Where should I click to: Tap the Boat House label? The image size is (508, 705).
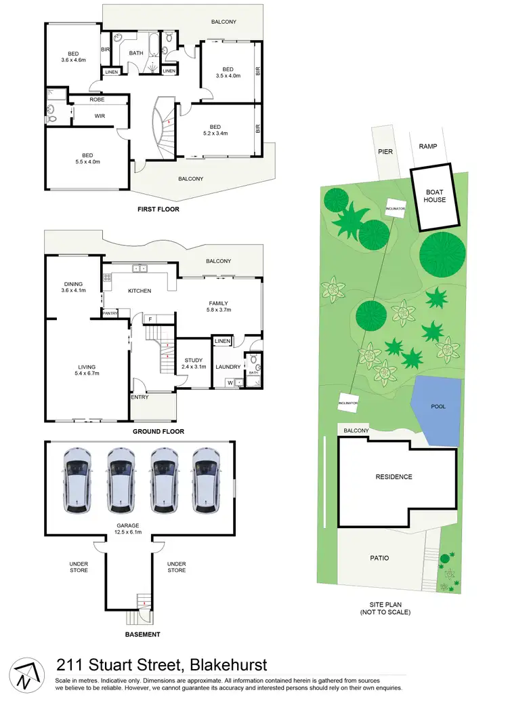coord(435,196)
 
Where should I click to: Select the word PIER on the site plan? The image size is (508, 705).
coord(385,152)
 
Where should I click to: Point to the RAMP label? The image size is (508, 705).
coord(428,146)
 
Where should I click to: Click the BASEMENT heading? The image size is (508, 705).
coord(143,634)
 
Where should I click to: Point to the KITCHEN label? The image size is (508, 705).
coord(140,291)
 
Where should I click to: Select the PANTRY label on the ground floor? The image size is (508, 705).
coord(110,313)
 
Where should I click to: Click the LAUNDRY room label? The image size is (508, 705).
coord(228,367)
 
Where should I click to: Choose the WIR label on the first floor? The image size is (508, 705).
coord(100,116)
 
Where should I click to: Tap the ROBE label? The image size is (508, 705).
coord(97,100)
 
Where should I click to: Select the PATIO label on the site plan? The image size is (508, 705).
coord(379,558)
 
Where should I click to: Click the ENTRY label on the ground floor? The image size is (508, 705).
coord(140,397)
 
